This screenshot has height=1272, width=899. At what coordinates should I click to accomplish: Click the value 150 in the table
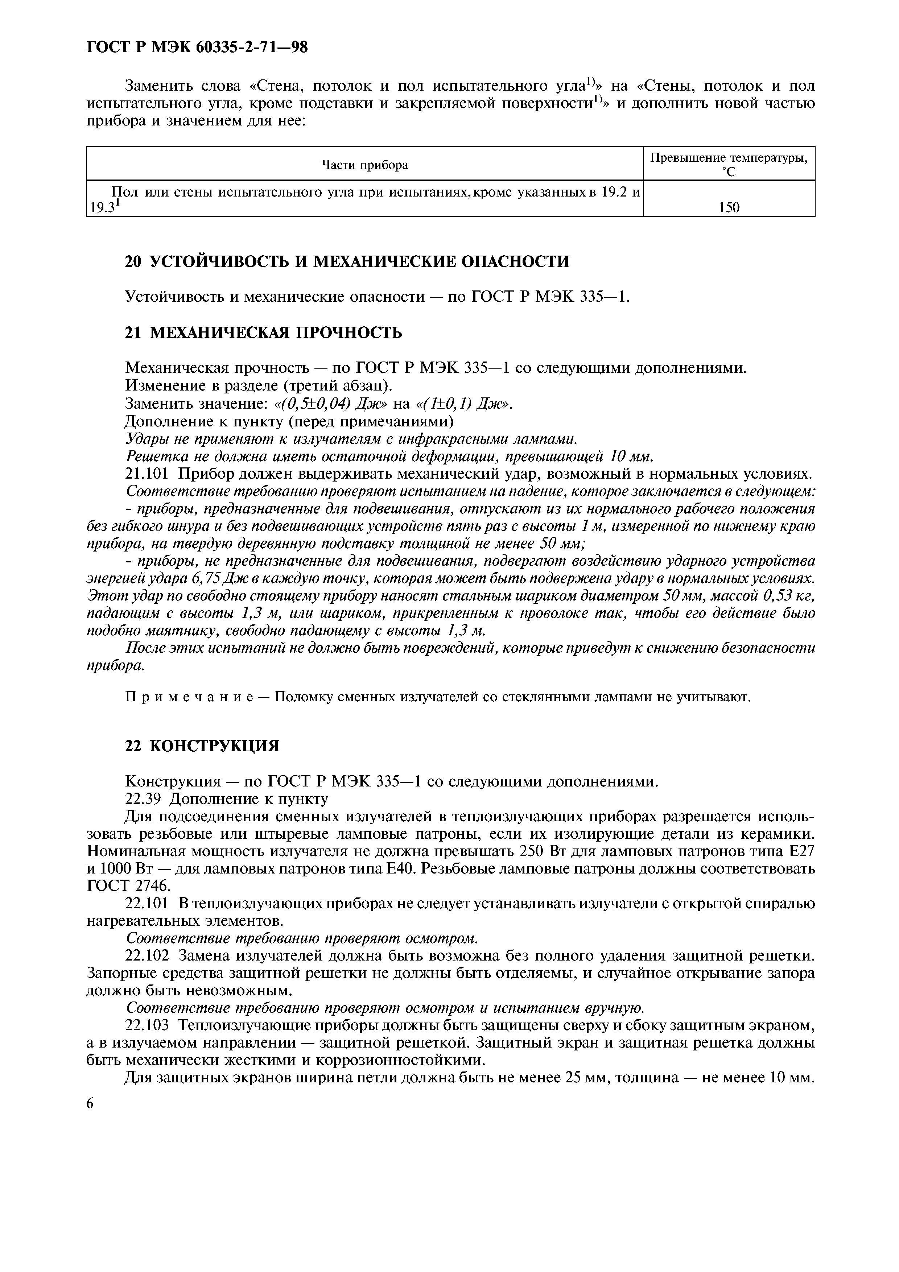pyautogui.click(x=729, y=208)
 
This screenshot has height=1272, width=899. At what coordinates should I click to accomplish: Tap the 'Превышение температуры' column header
pyautogui.click(x=729, y=158)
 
